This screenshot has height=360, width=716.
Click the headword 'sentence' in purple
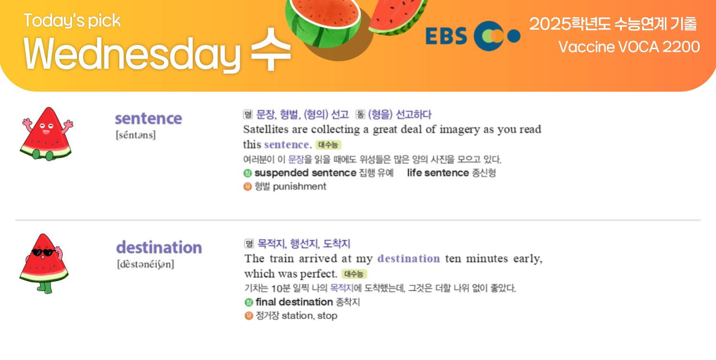tap(148, 118)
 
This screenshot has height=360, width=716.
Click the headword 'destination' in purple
tap(159, 247)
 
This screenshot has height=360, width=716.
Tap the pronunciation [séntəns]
tap(136, 135)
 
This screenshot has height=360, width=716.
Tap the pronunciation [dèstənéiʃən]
tap(146, 264)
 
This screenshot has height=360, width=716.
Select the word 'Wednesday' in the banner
tap(132, 54)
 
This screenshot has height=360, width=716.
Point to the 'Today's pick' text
tap(72, 21)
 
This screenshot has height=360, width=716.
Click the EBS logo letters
tap(446, 36)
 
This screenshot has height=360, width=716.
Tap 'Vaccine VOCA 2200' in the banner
tap(629, 47)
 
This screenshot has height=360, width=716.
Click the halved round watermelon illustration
tap(323, 22)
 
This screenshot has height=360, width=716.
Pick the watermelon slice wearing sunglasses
tap(44, 263)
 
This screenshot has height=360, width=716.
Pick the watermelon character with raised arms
tap(46, 134)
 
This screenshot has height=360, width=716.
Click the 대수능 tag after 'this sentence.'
tap(328, 145)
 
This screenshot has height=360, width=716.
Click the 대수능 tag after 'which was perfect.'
tap(354, 274)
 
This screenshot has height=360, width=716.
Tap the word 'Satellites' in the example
tap(266, 129)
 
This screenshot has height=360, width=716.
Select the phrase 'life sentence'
tap(438, 173)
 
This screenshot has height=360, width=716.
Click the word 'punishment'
tap(299, 186)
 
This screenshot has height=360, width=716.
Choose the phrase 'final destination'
tap(294, 302)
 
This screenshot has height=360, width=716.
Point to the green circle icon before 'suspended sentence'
tap(248, 173)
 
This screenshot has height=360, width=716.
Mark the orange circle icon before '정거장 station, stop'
tap(249, 316)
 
